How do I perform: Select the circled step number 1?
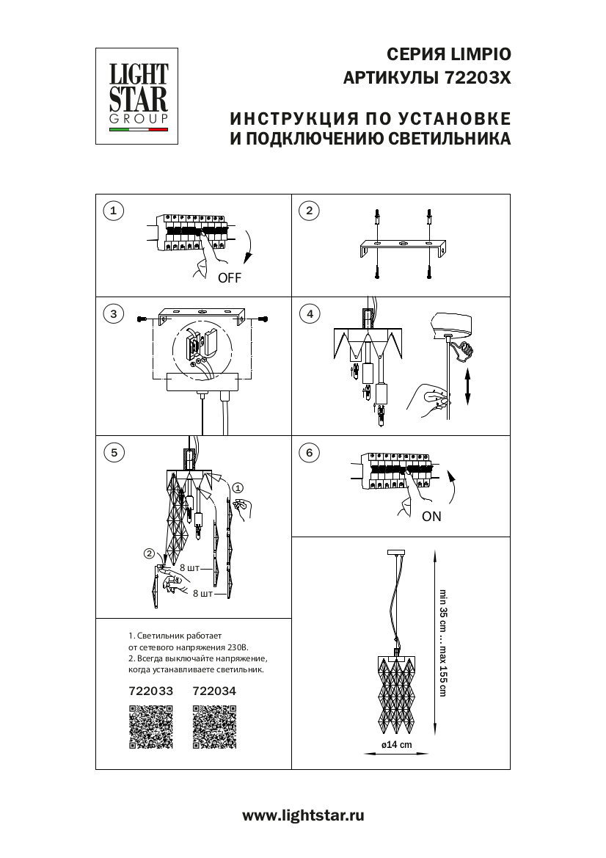tap(112, 211)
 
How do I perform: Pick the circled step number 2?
tap(309, 211)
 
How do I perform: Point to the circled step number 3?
tap(112, 314)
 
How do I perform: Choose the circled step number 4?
tap(309, 314)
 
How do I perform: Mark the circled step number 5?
tap(112, 452)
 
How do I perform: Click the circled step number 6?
tap(309, 452)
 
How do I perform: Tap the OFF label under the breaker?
tap(229, 278)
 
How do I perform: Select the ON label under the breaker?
tap(431, 516)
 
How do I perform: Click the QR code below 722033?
tap(151, 726)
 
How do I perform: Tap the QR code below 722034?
tap(214, 726)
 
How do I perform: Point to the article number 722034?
tap(214, 691)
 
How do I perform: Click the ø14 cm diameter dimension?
tap(397, 744)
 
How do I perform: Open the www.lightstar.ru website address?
tap(303, 815)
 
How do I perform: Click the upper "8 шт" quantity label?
tap(189, 569)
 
